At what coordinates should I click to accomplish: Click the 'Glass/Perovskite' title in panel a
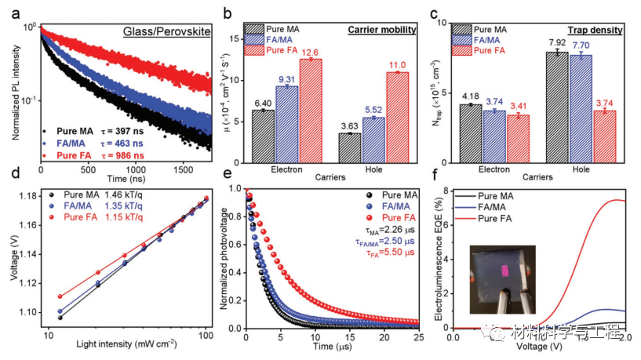point(164,32)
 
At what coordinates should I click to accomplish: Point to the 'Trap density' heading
point(595,31)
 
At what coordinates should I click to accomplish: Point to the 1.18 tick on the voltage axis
point(27,198)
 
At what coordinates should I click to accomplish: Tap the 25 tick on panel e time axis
point(417,338)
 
